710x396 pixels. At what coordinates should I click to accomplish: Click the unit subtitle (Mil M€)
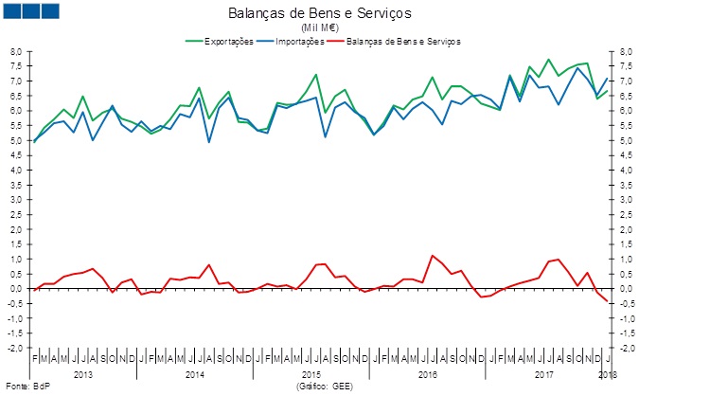coord(320,27)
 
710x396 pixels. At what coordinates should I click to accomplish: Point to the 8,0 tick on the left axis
coord(15,51)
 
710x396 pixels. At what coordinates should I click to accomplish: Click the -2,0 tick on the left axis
coord(15,348)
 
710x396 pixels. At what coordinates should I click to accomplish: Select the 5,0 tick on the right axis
coord(627,140)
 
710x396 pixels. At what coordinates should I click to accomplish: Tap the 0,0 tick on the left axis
coord(15,288)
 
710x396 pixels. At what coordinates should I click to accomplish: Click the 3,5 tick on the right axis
coord(627,185)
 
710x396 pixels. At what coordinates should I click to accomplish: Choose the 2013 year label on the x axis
coord(83,374)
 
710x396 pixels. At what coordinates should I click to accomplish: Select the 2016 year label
coord(428,374)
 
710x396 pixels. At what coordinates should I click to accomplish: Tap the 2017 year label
coord(543,374)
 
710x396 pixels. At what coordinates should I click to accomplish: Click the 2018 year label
coord(606,374)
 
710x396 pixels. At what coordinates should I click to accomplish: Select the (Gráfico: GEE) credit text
coord(323,387)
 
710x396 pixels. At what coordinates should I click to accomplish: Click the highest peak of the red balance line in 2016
coord(432,256)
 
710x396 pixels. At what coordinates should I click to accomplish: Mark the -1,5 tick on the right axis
coord(627,333)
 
